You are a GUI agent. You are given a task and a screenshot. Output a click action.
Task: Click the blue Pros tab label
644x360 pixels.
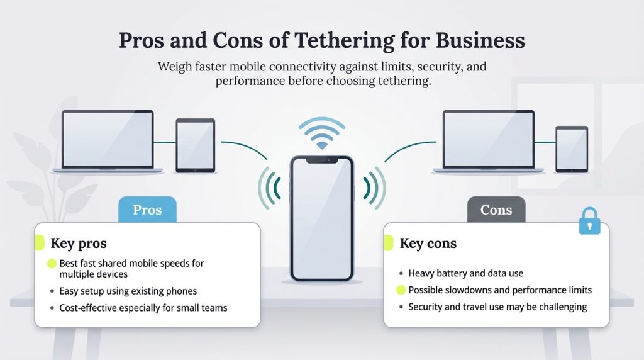tap(147, 210)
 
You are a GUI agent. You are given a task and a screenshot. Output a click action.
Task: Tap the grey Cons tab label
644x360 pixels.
tap(496, 210)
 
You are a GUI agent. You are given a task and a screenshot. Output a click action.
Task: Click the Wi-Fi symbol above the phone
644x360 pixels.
tap(321, 134)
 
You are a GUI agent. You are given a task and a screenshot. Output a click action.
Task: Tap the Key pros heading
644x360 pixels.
tap(79, 244)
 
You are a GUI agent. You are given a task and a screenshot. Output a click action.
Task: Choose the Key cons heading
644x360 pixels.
tap(428, 244)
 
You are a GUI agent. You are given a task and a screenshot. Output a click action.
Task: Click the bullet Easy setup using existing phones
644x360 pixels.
tap(128, 291)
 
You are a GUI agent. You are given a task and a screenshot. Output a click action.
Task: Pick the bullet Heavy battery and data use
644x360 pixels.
tap(465, 273)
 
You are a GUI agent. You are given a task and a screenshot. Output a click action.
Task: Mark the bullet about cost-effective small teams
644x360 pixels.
tap(143, 308)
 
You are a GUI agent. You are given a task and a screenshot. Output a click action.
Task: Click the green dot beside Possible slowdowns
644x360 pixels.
tap(400, 290)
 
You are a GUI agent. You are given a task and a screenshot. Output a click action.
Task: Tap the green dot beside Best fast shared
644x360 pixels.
tap(52, 264)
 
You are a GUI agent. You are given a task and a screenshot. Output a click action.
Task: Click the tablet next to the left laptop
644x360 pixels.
tap(195, 145)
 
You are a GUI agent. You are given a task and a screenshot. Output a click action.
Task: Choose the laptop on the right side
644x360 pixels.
tap(488, 141)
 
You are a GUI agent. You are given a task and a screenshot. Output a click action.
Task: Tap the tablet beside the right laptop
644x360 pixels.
tap(571, 149)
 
